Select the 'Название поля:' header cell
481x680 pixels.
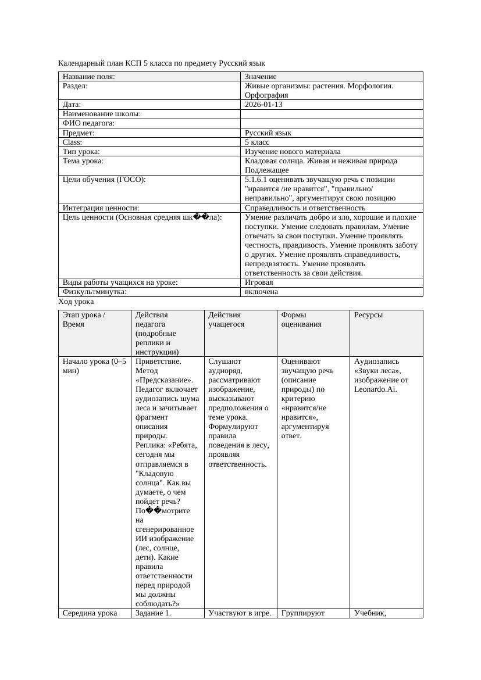click(88, 77)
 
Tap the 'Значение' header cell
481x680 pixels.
click(261, 77)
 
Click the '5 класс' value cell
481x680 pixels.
click(257, 142)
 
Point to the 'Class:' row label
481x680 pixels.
click(73, 142)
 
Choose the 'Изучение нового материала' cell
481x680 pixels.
click(293, 151)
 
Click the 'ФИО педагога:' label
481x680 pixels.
click(88, 123)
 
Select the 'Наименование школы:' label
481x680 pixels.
click(102, 114)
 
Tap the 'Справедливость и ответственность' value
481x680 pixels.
click(305, 207)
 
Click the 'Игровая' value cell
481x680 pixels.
click(259, 282)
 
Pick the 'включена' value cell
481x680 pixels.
click(261, 292)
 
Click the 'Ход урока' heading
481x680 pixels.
click(76, 302)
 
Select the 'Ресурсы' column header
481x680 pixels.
click(368, 315)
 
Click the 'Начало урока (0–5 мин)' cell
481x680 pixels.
click(94, 366)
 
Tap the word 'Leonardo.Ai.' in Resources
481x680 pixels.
click(375, 389)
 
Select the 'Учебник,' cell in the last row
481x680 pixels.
click(370, 613)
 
